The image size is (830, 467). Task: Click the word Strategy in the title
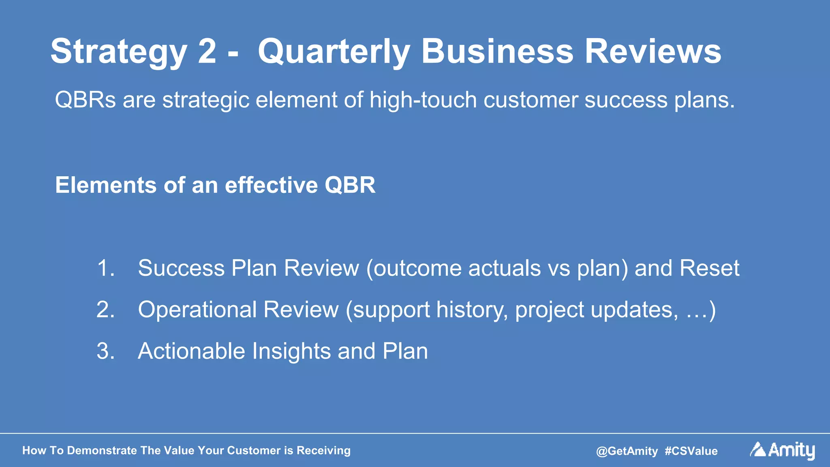(118, 52)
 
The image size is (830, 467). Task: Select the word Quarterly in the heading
(334, 52)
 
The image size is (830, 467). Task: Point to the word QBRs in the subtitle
(86, 100)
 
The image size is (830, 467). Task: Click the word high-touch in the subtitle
(423, 100)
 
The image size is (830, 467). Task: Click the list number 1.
(105, 268)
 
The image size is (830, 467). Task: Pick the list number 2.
(105, 309)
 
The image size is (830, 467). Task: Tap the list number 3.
(105, 351)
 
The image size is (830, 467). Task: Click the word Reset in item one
(709, 268)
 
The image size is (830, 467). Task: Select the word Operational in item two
(197, 309)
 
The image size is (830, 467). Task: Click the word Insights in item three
(291, 351)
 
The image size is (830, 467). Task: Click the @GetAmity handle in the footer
(627, 451)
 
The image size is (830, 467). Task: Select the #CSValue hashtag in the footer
(691, 451)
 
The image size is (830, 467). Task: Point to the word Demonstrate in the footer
(102, 450)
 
